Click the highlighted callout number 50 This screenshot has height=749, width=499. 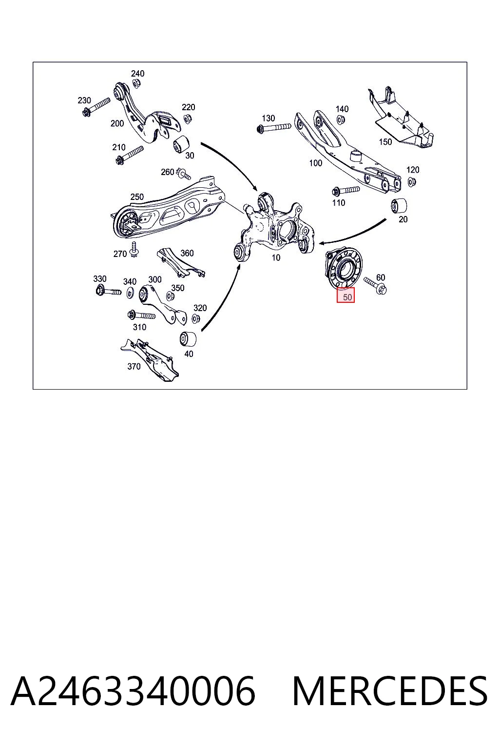click(x=347, y=297)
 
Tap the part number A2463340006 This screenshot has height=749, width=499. click(x=134, y=691)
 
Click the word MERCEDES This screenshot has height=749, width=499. click(x=390, y=691)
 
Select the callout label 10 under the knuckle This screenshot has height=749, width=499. click(x=276, y=258)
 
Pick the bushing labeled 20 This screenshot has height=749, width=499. click(x=400, y=206)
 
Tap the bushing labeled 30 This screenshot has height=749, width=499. click(x=181, y=144)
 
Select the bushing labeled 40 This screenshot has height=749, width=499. click(x=188, y=339)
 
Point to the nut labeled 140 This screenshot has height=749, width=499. click(x=341, y=119)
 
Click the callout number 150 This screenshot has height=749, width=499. click(x=385, y=142)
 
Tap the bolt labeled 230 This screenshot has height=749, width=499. click(x=96, y=106)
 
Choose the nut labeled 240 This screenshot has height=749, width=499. click(x=136, y=83)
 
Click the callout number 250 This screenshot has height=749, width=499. click(x=137, y=197)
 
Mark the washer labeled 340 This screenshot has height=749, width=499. click(x=130, y=293)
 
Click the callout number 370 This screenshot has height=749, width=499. click(x=134, y=367)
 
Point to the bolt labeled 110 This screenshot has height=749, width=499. click(x=345, y=191)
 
